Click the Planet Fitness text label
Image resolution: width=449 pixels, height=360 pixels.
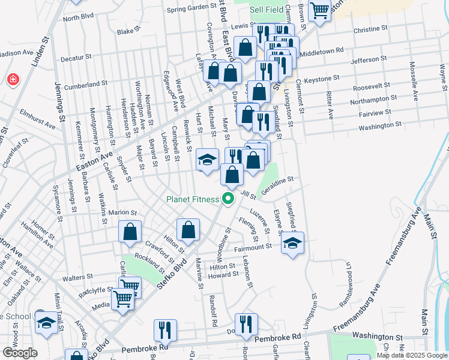coord(193,199)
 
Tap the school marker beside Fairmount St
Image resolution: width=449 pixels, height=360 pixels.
coord(292,242)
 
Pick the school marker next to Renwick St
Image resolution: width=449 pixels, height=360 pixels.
coord(207,160)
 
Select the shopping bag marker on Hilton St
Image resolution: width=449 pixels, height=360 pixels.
coord(188,230)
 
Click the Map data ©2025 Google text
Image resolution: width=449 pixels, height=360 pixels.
coord(411,355)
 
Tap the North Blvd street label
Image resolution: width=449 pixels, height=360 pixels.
coord(79,17)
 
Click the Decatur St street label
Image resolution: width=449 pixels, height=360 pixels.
coord(76,58)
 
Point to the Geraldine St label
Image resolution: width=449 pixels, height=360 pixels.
coord(277,181)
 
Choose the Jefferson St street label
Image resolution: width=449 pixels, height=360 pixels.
coord(369,59)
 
